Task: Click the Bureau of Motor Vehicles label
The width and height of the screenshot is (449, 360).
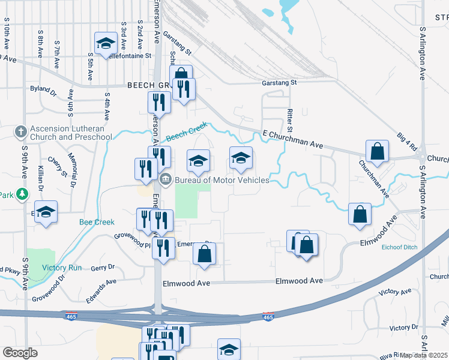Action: point(221,179)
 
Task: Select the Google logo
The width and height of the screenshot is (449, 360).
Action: point(20,353)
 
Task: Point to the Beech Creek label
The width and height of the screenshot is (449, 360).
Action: point(186,130)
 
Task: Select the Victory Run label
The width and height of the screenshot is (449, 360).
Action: point(62,268)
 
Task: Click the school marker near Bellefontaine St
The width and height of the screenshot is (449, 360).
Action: point(106,43)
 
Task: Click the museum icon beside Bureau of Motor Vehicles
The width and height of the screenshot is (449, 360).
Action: point(166,179)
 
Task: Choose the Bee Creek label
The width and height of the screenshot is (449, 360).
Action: point(97,222)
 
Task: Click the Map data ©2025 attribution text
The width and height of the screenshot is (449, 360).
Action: point(424,355)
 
